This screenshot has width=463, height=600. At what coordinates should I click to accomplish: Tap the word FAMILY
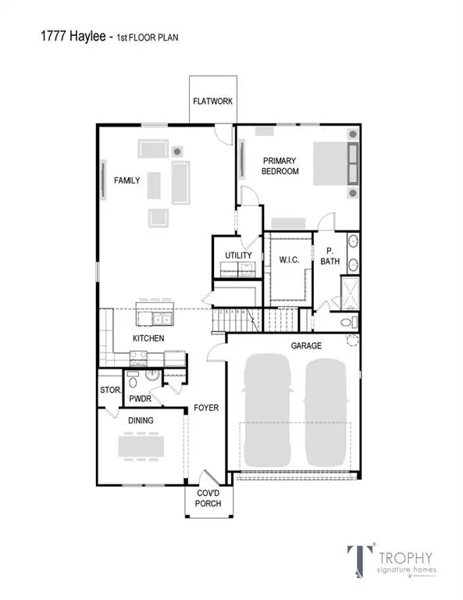[x=127, y=180]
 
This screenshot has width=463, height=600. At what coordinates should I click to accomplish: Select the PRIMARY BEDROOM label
[x=280, y=166]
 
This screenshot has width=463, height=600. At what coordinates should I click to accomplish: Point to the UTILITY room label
[x=237, y=255]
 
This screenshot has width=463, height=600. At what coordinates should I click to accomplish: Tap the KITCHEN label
[x=148, y=338]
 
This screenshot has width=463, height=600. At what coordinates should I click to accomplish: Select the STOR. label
[x=109, y=391]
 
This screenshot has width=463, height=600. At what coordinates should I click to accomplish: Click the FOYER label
[x=206, y=408]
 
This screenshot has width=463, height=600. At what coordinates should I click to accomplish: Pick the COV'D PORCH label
[x=208, y=498]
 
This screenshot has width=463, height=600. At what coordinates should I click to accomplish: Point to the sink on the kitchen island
[x=162, y=319]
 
